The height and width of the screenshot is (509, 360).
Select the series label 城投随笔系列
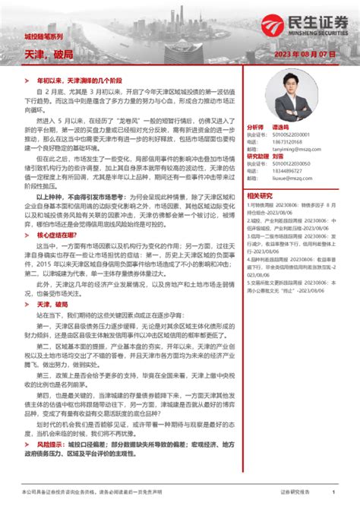click(x=43, y=36)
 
